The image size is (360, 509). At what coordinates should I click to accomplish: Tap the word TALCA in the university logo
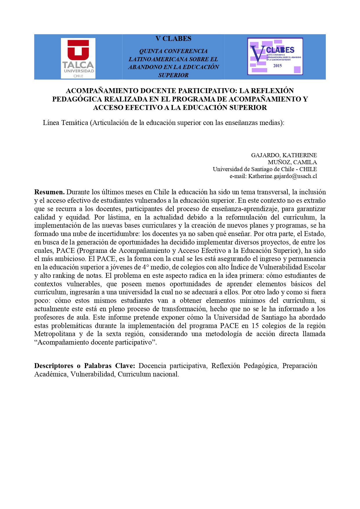pos(78,65)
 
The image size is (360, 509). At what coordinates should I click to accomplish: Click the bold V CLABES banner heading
pos(173,39)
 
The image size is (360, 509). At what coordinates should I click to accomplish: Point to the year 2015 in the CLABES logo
pos(277,66)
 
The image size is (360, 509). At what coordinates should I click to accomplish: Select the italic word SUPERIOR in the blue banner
pos(173,75)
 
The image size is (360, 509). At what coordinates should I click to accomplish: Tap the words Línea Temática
pos(65,123)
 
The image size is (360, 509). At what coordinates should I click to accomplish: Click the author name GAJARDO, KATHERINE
pos(284,155)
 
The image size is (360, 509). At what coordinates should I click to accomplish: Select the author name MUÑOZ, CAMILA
pos(292,162)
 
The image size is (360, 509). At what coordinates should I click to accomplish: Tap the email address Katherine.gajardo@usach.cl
pos(282,176)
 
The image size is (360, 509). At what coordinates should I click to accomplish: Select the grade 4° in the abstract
pos(145,267)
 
